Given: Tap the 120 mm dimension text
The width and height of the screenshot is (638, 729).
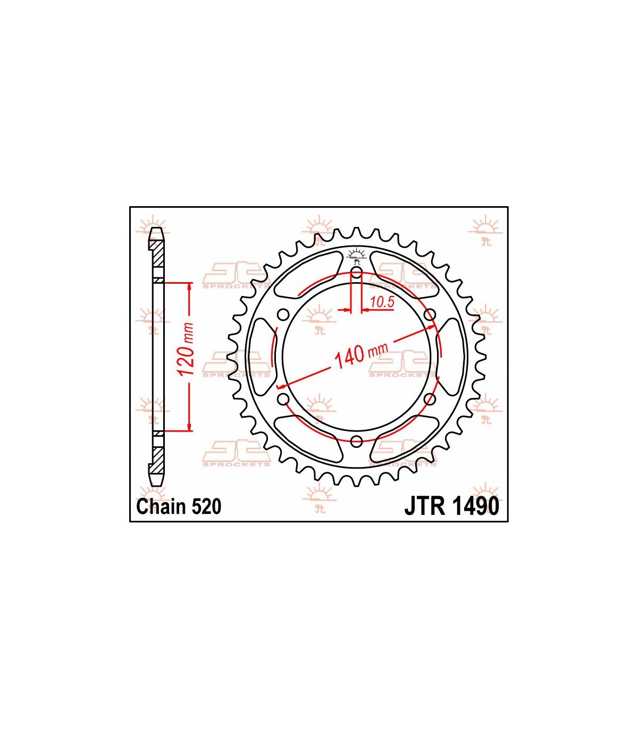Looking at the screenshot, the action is coord(186,349).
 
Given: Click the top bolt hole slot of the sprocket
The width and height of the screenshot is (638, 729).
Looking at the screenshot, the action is coord(356,274).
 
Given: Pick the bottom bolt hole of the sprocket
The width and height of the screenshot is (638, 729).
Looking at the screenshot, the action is coord(356,442).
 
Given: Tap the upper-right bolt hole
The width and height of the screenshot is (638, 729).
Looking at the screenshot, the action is coord(430,315).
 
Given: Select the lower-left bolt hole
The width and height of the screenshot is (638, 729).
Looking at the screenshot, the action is coord(283,400).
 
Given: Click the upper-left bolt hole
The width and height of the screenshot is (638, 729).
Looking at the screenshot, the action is coord(283,315).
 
